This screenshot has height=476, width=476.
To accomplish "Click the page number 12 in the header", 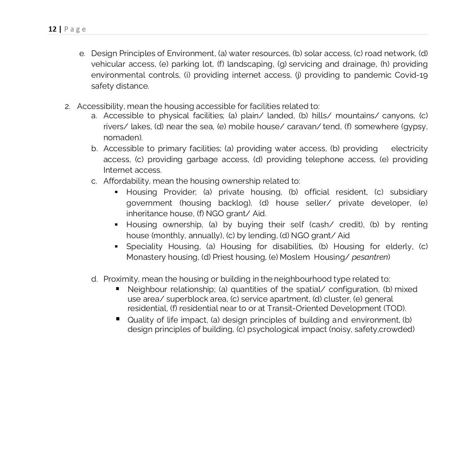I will [52, 29].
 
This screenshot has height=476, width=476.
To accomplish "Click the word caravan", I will [303, 127].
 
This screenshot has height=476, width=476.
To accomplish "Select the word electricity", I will [409, 149].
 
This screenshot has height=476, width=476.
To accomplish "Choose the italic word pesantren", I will [369, 257].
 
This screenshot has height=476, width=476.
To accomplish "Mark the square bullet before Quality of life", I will [118, 319].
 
